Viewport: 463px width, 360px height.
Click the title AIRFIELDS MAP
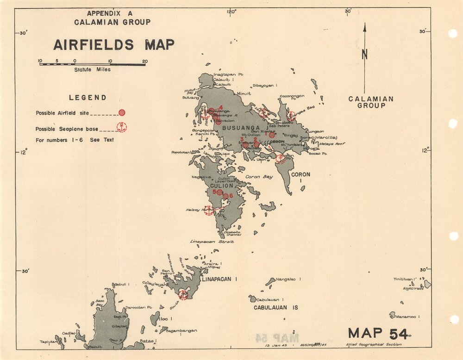tap(113, 45)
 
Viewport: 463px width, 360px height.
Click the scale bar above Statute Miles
tap(92, 64)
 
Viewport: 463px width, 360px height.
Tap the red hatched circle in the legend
tap(122, 112)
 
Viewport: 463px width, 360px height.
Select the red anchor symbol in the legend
tap(121, 127)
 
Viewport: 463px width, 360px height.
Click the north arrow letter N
tap(365, 54)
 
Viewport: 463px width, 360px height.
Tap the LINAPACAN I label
tap(219, 279)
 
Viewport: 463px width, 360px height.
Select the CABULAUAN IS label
tap(275, 307)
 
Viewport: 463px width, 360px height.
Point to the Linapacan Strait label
tap(212, 242)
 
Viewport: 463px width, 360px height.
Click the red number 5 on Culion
tap(214, 192)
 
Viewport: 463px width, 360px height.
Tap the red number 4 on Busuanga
tap(221, 107)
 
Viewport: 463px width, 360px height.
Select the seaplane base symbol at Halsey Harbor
tap(209, 211)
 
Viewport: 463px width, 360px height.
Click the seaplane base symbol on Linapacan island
tap(184, 294)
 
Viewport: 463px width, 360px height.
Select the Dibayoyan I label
tap(264, 86)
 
